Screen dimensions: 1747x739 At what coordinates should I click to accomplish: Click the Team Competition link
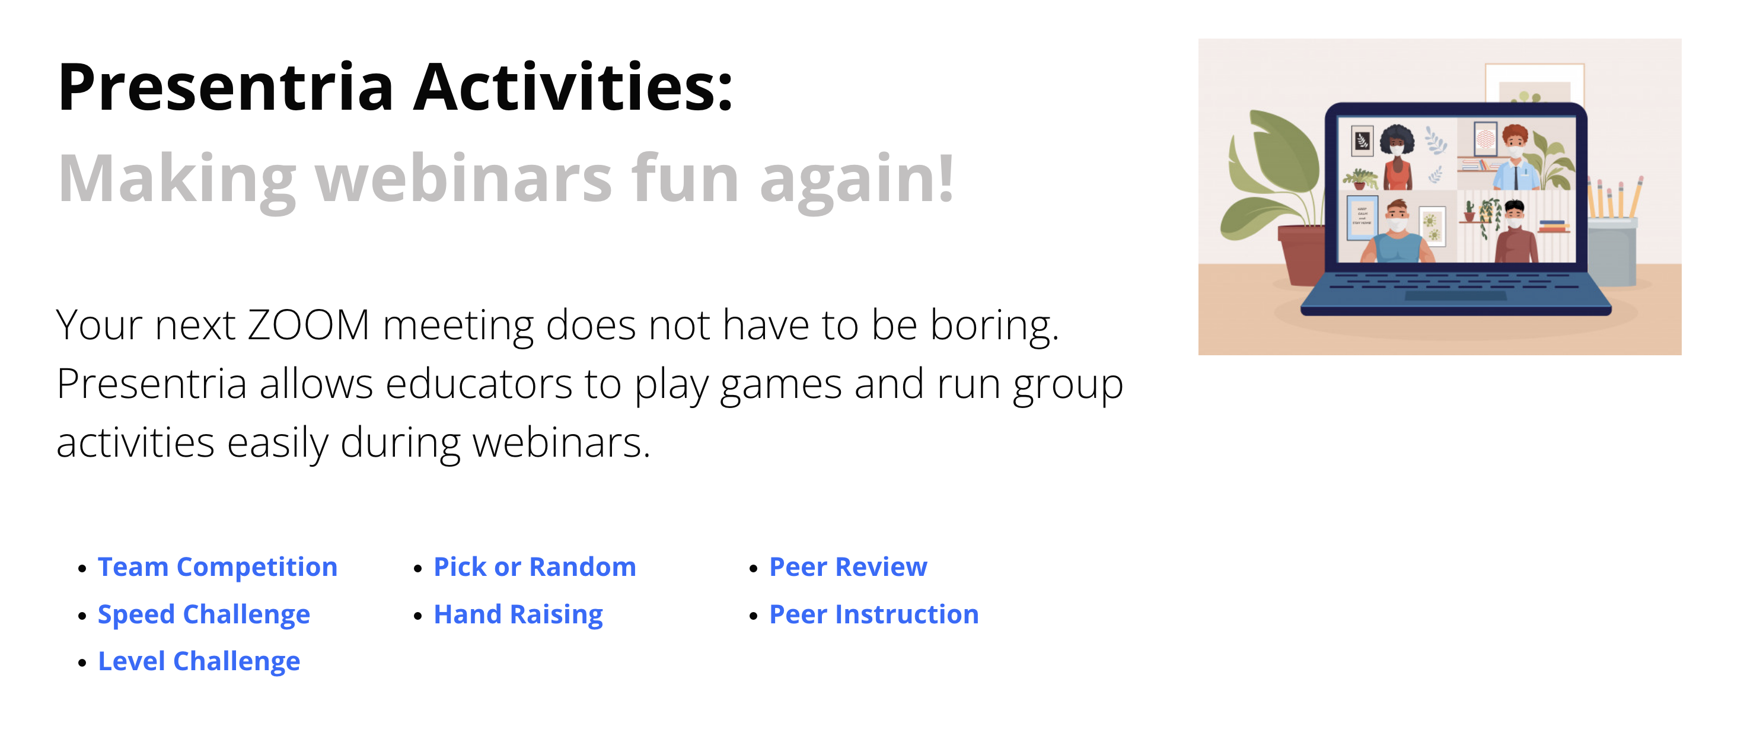point(218,567)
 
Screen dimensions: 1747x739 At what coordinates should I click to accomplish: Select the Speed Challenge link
point(204,614)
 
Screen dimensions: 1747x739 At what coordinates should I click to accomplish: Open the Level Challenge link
point(199,661)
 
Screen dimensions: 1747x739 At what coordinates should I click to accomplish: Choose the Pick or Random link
point(535,567)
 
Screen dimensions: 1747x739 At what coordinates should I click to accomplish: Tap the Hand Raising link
point(518,614)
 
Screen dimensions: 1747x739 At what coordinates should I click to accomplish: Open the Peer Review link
point(849,567)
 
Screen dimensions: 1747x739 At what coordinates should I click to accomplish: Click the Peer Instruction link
point(874,614)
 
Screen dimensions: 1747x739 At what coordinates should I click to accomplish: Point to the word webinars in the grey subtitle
point(464,179)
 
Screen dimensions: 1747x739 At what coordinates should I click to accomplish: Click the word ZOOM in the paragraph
point(308,325)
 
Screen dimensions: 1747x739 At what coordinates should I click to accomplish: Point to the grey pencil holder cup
point(1611,251)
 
